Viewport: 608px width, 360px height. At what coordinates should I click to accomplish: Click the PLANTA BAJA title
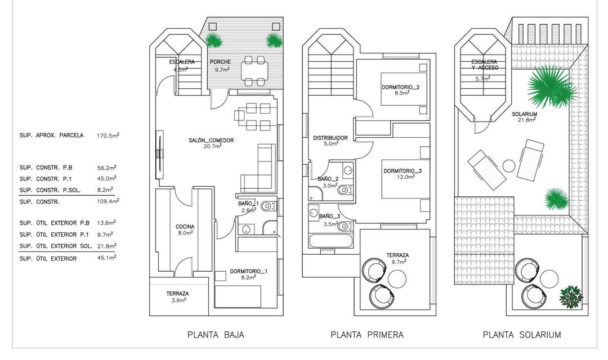tap(216, 335)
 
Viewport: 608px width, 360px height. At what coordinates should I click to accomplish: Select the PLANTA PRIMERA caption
tap(367, 335)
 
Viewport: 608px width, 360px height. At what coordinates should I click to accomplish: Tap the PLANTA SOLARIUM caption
tap(521, 335)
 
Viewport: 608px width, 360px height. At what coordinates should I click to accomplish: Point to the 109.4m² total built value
tap(108, 201)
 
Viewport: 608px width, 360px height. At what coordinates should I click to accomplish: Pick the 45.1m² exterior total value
tap(107, 258)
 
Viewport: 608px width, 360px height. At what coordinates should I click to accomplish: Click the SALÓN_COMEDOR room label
tap(211, 141)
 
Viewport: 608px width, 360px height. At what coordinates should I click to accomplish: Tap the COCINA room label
tap(185, 227)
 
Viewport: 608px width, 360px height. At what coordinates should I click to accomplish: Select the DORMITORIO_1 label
tap(248, 272)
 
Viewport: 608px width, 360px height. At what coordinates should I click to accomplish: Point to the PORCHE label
tap(220, 62)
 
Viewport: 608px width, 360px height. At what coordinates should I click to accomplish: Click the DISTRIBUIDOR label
tap(330, 138)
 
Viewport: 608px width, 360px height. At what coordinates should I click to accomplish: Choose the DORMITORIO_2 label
tap(401, 87)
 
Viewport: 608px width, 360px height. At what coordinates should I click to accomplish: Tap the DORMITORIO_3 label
tap(403, 170)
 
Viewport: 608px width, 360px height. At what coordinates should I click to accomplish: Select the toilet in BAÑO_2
tap(343, 191)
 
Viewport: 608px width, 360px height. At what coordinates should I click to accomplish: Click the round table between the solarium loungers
tap(509, 166)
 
